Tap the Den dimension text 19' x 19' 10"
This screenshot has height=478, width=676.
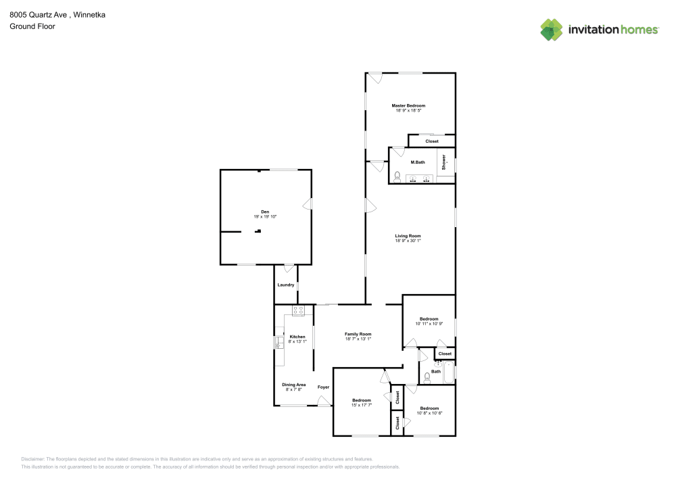[x=265, y=216]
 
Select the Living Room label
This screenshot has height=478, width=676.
[x=408, y=236]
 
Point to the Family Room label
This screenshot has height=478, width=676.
[x=358, y=334]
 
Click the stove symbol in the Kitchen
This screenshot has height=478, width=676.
[x=298, y=310]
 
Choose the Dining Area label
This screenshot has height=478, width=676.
[x=294, y=385]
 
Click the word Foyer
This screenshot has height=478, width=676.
[x=324, y=387]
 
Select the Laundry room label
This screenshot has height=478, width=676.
[x=285, y=285]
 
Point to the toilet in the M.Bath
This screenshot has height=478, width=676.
[x=397, y=178]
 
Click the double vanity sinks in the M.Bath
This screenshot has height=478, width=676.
[x=421, y=179]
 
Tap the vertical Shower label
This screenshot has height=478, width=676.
[x=444, y=162]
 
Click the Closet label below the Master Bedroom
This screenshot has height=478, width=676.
[x=431, y=141]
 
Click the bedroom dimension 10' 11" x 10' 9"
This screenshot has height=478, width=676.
[x=429, y=324]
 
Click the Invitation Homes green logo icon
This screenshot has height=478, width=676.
[x=551, y=29]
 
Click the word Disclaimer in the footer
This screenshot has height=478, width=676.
[x=33, y=458]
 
